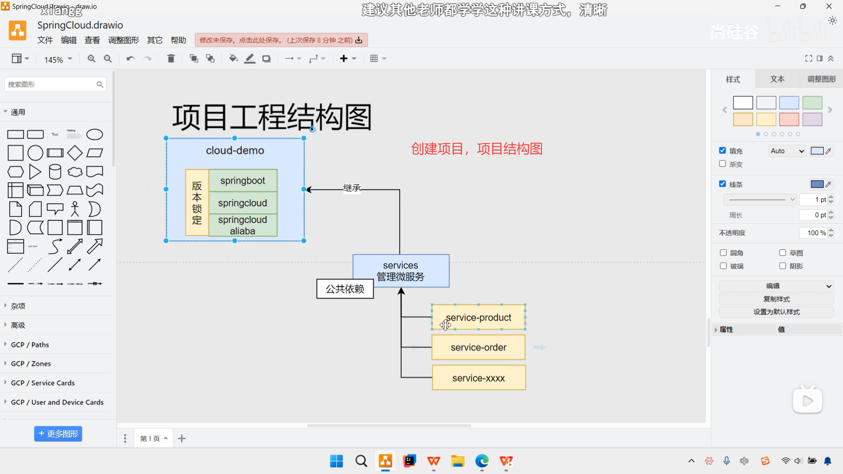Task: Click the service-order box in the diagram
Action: point(478,348)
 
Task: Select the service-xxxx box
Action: point(478,378)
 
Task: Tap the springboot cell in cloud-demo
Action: point(242,180)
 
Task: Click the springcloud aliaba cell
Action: point(242,226)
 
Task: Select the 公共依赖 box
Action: point(345,289)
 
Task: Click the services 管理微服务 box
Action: point(400,271)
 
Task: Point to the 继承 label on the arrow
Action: point(352,188)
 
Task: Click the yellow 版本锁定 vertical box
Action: point(197,202)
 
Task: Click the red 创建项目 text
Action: point(476,149)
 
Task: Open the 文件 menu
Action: point(45,40)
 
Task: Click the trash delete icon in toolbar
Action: point(171,58)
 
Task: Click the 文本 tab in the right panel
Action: point(777,79)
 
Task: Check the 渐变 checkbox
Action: point(722,164)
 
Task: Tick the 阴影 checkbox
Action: point(782,266)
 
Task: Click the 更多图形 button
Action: point(58,434)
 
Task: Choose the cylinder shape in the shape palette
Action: point(55,172)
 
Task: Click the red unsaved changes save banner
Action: point(281,40)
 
